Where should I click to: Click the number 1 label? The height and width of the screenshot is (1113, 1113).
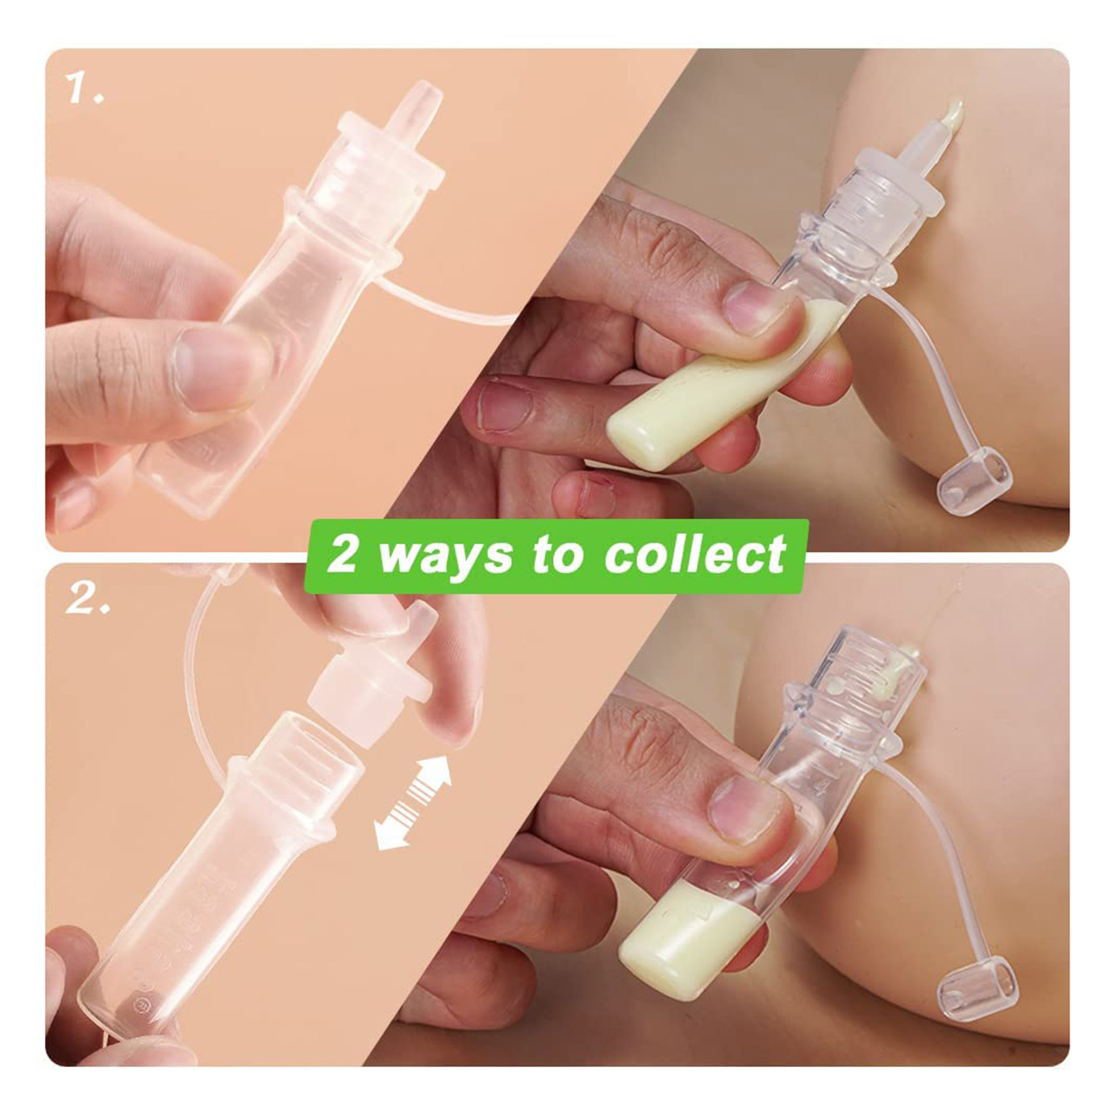point(85,89)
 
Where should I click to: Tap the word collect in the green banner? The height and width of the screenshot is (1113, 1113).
point(695,556)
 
